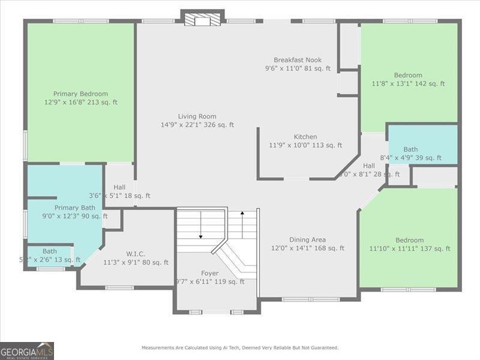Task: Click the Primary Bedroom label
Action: [80, 94]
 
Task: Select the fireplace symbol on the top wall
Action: [203, 20]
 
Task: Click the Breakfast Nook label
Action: [298, 60]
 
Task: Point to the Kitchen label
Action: [305, 137]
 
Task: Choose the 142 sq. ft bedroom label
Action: [408, 76]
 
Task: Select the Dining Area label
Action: [307, 239]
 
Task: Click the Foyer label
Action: [209, 273]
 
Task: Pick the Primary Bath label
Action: [75, 208]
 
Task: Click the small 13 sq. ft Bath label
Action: [50, 251]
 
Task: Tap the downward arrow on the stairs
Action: [200, 227]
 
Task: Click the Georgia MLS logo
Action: [27, 350]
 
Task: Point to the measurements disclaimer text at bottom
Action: [240, 347]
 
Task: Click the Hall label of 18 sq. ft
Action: [119, 187]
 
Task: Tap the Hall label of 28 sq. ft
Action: [368, 166]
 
